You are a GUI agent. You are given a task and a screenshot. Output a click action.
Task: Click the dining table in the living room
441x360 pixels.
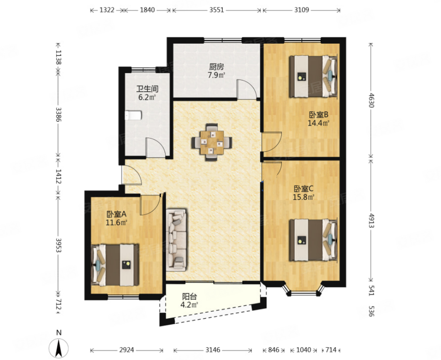coord(212,142)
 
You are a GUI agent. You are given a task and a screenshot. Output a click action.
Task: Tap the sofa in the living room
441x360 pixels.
coord(176,240)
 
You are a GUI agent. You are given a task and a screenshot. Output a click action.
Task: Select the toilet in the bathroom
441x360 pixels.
coord(133,115)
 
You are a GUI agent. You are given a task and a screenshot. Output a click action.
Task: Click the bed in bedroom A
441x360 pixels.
coord(115,265)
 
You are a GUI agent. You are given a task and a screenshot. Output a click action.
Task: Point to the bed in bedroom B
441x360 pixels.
coord(313,76)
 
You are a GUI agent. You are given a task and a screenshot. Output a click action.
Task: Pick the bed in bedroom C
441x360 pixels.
coord(313,240)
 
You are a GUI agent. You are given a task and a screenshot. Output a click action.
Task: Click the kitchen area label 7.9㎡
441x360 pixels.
coord(216,75)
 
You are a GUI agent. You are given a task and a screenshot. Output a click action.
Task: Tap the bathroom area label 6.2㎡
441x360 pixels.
coord(147,97)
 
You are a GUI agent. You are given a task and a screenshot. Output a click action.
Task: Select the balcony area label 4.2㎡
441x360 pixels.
coord(189,305)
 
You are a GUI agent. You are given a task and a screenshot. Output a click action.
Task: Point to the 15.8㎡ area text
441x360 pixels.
coord(303,197)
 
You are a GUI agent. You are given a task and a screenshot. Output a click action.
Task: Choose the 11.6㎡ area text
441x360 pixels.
coord(116,223)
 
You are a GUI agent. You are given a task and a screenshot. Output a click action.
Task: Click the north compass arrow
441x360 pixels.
coord(59,348)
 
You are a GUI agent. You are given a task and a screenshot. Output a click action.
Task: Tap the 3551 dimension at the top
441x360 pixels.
coord(216,10)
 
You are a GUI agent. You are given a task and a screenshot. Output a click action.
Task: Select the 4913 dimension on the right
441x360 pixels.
coord(371,220)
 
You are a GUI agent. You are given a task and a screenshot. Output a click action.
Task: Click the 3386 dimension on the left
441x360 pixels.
coord(58,114)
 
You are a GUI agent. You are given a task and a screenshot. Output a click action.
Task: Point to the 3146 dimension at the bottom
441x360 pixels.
coord(213,350)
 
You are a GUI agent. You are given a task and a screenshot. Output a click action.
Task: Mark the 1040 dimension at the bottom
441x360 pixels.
coord(304,350)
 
